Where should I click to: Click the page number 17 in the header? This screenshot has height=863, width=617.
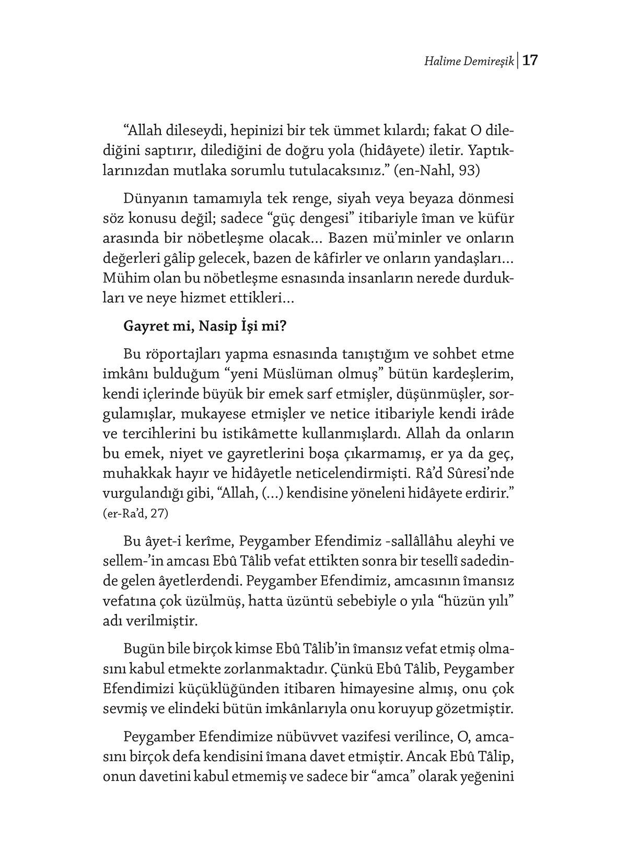coord(530,61)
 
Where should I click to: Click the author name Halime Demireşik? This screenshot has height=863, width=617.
coord(469,62)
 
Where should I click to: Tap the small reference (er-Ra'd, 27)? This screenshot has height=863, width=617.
coord(136,513)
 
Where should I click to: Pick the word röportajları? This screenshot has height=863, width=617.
coord(190,354)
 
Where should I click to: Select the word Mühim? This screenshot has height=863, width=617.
coord(122,278)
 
